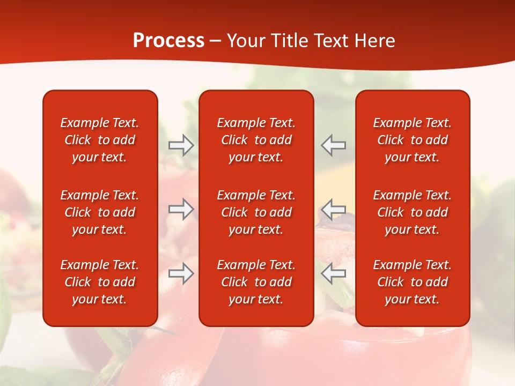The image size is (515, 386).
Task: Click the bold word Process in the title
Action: tap(168, 41)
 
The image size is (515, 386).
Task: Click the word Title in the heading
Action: tap(289, 41)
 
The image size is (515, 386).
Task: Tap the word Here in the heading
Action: tap(374, 41)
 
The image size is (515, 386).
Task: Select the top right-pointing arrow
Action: tap(181, 145)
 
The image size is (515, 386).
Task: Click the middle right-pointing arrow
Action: tap(181, 209)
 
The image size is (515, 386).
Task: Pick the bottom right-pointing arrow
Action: tap(181, 273)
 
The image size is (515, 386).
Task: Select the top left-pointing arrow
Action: tap(333, 145)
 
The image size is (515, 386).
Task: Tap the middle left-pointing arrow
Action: tap(333, 209)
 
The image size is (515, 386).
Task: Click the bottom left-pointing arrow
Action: tap(333, 273)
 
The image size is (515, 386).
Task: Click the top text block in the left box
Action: tap(100, 140)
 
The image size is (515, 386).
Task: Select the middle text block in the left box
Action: tap(100, 212)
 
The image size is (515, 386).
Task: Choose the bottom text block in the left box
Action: tap(100, 282)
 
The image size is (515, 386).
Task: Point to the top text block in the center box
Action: tap(256, 140)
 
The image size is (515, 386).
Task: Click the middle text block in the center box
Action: tap(256, 212)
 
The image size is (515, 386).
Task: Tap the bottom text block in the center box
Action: tap(256, 282)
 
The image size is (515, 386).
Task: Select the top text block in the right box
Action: tap(413, 140)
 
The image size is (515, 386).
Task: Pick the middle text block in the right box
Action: tap(413, 212)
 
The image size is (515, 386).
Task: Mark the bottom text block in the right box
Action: tap(413, 282)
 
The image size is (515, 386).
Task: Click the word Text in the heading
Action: tap(331, 41)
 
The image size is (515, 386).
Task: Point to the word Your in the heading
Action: tap(246, 41)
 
